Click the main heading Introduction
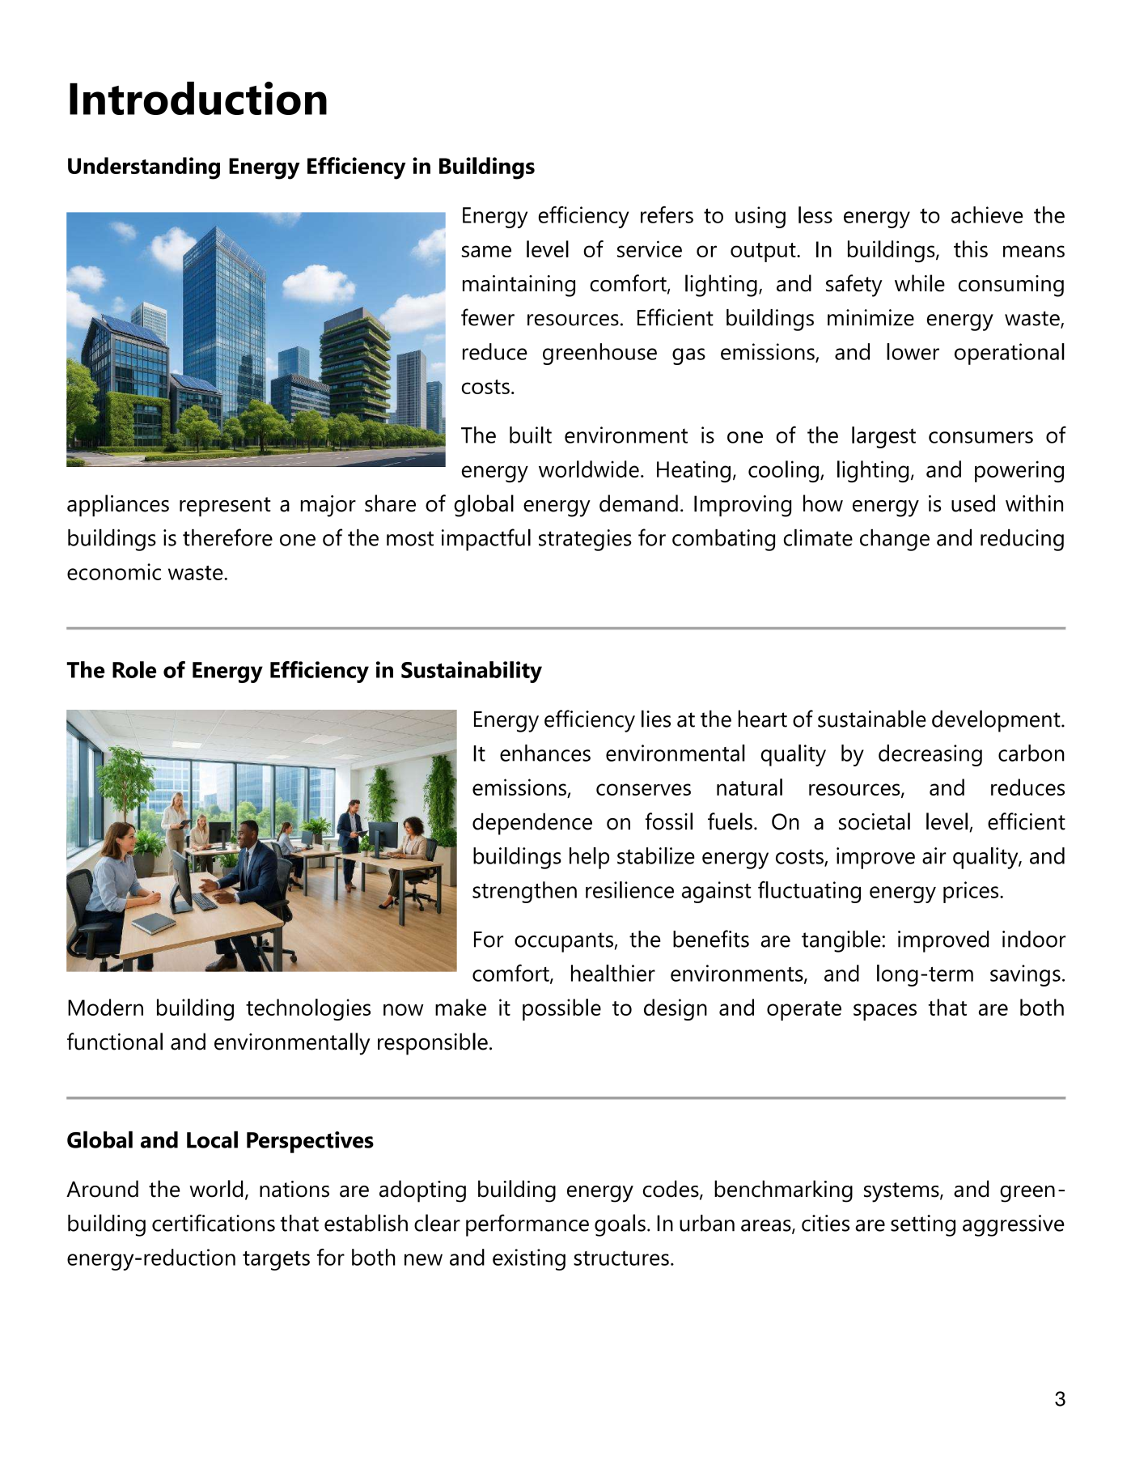pyautogui.click(x=197, y=100)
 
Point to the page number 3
pyautogui.click(x=1060, y=1399)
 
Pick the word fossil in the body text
pyautogui.click(x=668, y=823)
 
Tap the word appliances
pyautogui.click(x=118, y=505)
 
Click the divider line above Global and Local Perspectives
pyautogui.click(x=565, y=1098)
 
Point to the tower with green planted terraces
pyautogui.click(x=355, y=364)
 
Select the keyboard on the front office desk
pyautogui.click(x=205, y=901)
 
